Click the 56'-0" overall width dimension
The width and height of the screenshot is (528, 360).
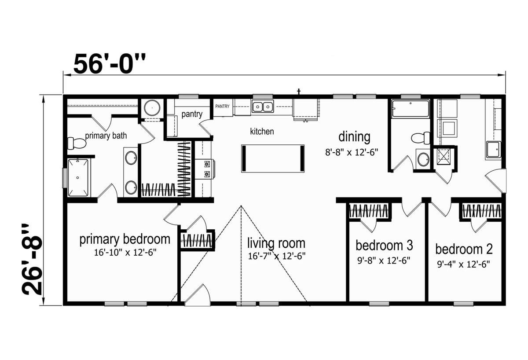coord(110,63)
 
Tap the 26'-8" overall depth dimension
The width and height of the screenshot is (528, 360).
coord(32,259)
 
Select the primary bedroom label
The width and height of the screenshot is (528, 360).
coord(125,239)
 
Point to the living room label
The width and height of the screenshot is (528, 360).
coord(276,243)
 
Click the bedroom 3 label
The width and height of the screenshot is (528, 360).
coord(384,246)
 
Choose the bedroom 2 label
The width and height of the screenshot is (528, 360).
coord(464,249)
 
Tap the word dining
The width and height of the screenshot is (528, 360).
coord(354,137)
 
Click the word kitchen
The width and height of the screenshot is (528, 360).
coord(262,131)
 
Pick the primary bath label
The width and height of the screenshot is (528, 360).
coord(106,136)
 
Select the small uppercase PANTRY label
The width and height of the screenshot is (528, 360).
coord(222,107)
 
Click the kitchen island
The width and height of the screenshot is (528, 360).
coord(273,158)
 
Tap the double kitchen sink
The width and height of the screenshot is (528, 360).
coord(263,107)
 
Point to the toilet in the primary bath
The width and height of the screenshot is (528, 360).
coord(77,143)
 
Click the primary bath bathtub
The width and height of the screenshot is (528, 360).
coord(78,177)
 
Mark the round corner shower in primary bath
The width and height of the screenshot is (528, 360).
coord(152,108)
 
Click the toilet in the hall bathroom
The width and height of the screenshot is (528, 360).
coord(421,138)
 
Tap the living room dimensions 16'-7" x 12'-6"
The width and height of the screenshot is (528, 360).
coord(277,256)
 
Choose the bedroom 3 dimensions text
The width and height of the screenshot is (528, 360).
coord(384,260)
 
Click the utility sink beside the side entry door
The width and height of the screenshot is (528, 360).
coord(493,149)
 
